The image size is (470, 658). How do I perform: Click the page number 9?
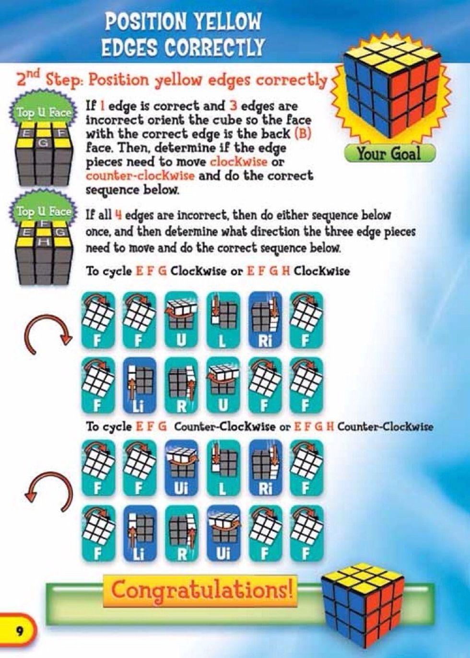pyautogui.click(x=19, y=630)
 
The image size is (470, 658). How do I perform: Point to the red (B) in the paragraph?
pyautogui.click(x=304, y=133)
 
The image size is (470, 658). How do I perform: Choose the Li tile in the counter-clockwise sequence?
pyautogui.click(x=140, y=533)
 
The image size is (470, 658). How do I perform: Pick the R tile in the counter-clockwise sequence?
pyautogui.click(x=181, y=533)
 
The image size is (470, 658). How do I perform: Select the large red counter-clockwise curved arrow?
pyautogui.click(x=48, y=489)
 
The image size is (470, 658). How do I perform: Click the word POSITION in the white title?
pyautogui.click(x=141, y=22)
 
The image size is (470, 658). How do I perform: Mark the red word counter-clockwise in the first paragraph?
pyautogui.click(x=140, y=176)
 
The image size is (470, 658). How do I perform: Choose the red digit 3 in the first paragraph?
pyautogui.click(x=234, y=106)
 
